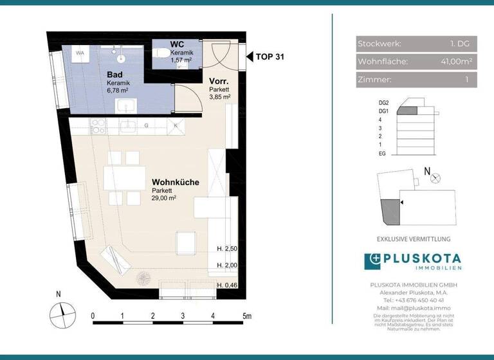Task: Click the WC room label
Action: point(177,44)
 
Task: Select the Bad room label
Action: point(115,75)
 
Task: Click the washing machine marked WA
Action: point(81,54)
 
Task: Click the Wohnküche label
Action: point(176,183)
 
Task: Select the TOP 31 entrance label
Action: point(270,57)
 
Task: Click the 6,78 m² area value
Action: point(118,91)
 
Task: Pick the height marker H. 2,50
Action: point(228,248)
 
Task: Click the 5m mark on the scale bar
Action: point(246,316)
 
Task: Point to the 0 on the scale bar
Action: point(93,316)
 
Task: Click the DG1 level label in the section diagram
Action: point(384,111)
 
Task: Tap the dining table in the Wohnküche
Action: point(124,177)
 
